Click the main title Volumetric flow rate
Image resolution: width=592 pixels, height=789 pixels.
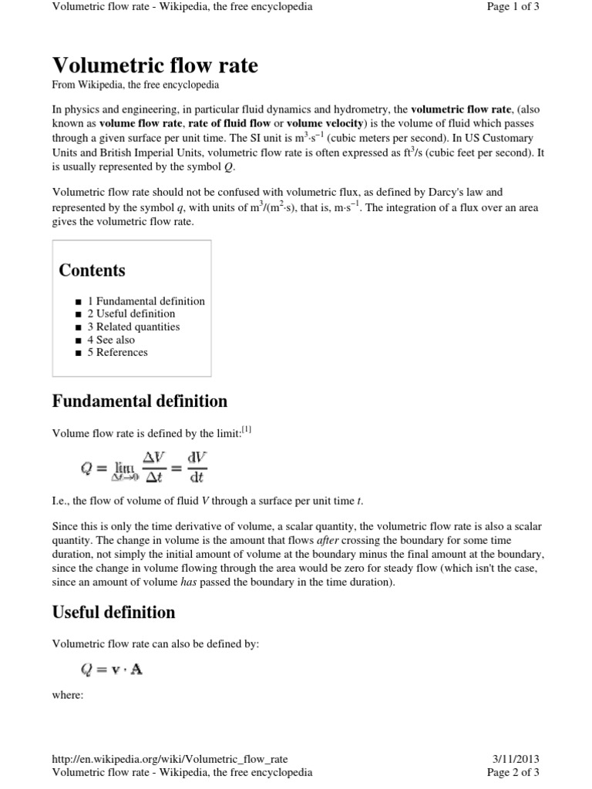pyautogui.click(x=154, y=65)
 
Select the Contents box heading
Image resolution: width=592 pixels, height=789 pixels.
pyautogui.click(x=92, y=270)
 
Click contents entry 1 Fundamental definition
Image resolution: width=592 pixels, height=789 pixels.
pyautogui.click(x=146, y=301)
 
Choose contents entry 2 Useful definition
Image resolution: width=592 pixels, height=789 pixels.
pyautogui.click(x=130, y=314)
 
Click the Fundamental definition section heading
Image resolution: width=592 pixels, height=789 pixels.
pyautogui.click(x=139, y=401)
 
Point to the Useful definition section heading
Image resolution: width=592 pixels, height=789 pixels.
pyautogui.click(x=113, y=613)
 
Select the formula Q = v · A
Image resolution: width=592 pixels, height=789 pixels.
pyautogui.click(x=111, y=670)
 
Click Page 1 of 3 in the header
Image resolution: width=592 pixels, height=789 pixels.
pyautogui.click(x=513, y=7)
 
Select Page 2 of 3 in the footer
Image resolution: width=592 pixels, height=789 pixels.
pyautogui.click(x=513, y=772)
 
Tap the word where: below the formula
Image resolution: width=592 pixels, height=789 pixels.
pyautogui.click(x=67, y=695)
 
